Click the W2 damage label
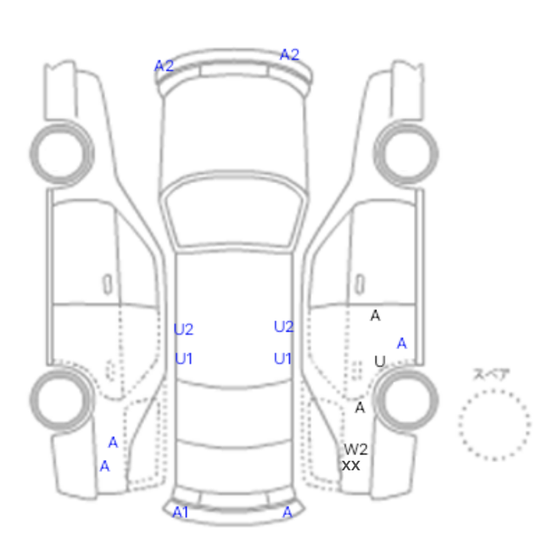(356, 450)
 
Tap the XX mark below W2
(351, 466)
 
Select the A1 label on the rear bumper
(180, 513)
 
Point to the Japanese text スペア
(492, 374)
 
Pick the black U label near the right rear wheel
(380, 361)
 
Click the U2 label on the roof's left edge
(183, 329)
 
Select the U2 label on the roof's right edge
(284, 327)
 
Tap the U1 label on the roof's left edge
(184, 359)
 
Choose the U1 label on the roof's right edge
(283, 359)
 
